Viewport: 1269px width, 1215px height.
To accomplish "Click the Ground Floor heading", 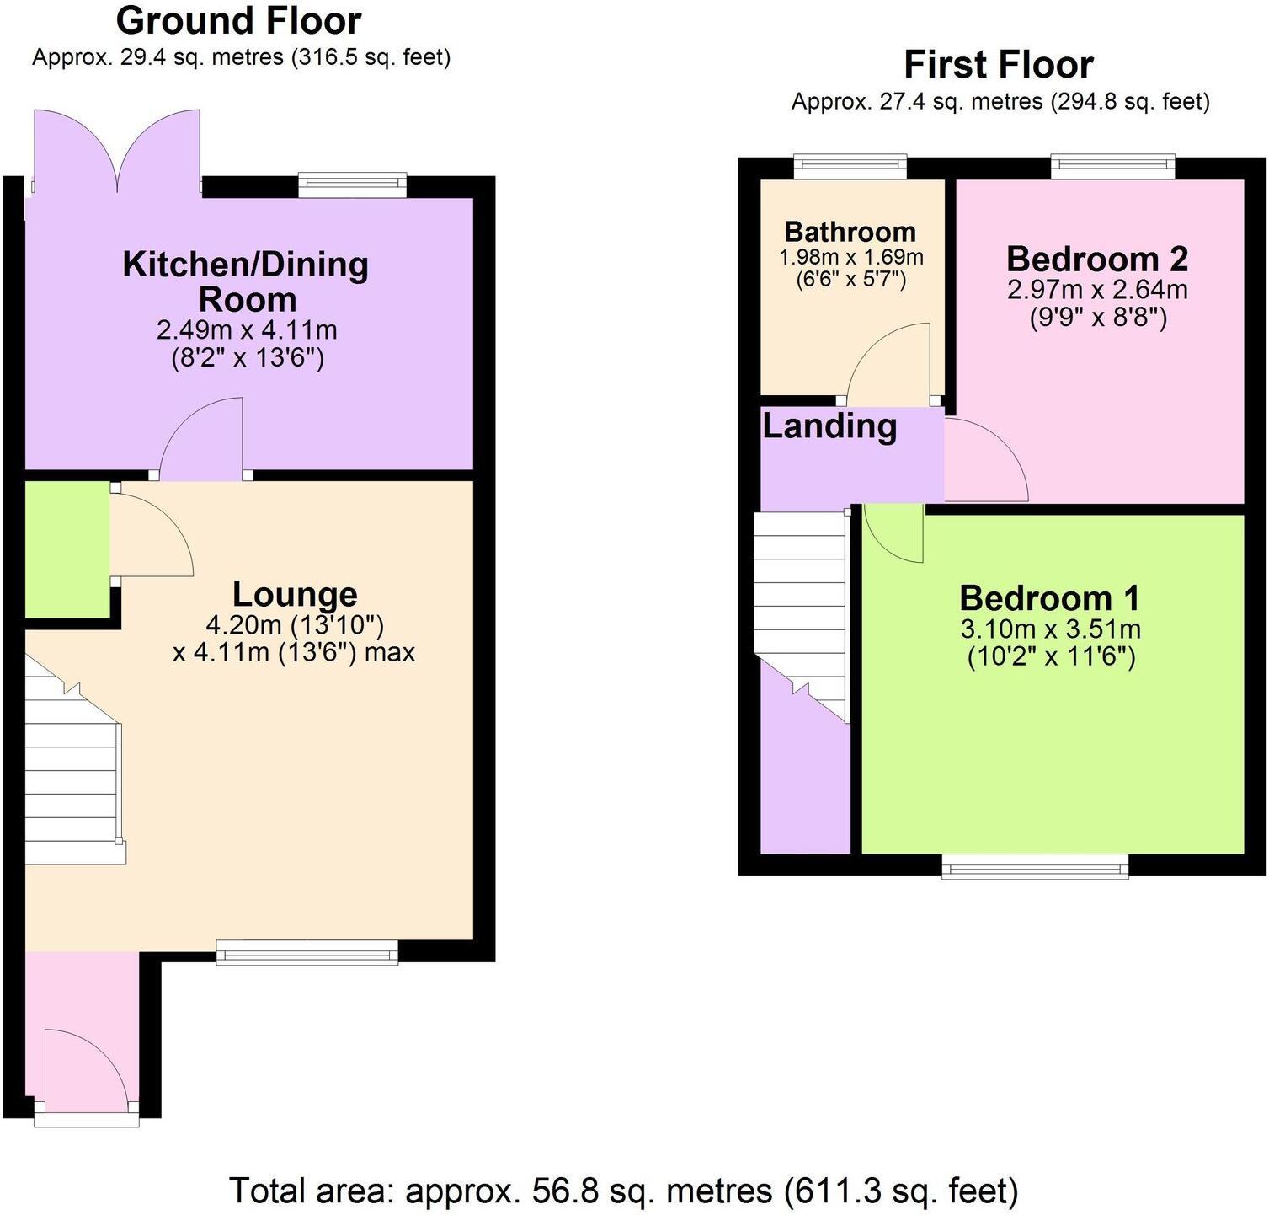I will tap(238, 21).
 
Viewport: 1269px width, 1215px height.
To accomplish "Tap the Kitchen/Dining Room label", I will tap(246, 281).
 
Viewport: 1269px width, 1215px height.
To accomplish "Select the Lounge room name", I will tap(295, 594).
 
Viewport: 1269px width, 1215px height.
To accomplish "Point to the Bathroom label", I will tap(850, 232).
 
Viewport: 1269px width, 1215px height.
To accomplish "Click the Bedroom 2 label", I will tap(1097, 259).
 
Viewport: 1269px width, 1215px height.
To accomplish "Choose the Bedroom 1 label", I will tap(1049, 598).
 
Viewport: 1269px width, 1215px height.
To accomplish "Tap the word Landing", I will tap(829, 426).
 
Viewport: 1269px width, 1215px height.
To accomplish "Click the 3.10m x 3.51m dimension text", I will tap(1050, 629).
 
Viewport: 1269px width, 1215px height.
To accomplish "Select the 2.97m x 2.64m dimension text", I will tap(1097, 290).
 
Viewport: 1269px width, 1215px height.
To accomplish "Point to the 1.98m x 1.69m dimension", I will tap(850, 257).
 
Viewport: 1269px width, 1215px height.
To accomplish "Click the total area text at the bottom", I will tap(623, 1191).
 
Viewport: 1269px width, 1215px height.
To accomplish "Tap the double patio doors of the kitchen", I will tap(117, 152).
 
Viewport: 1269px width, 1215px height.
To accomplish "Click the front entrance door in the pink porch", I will tap(84, 1070).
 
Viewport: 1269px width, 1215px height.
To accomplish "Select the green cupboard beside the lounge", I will tap(67, 549).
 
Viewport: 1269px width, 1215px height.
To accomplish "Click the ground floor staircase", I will tap(71, 775).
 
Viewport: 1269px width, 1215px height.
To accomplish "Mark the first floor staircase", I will tap(800, 607).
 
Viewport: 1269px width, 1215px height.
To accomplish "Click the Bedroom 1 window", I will tap(1034, 866).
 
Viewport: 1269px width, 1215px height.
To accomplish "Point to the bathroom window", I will tap(850, 167).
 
